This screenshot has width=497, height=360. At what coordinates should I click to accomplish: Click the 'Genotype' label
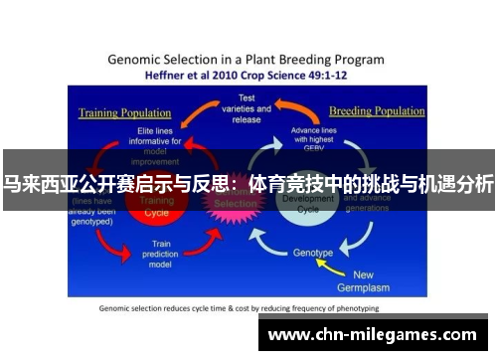pyautogui.click(x=313, y=253)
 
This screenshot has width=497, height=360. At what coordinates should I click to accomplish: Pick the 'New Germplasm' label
pyautogui.click(x=377, y=280)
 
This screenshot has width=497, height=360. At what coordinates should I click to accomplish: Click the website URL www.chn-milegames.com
pyautogui.click(x=372, y=334)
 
